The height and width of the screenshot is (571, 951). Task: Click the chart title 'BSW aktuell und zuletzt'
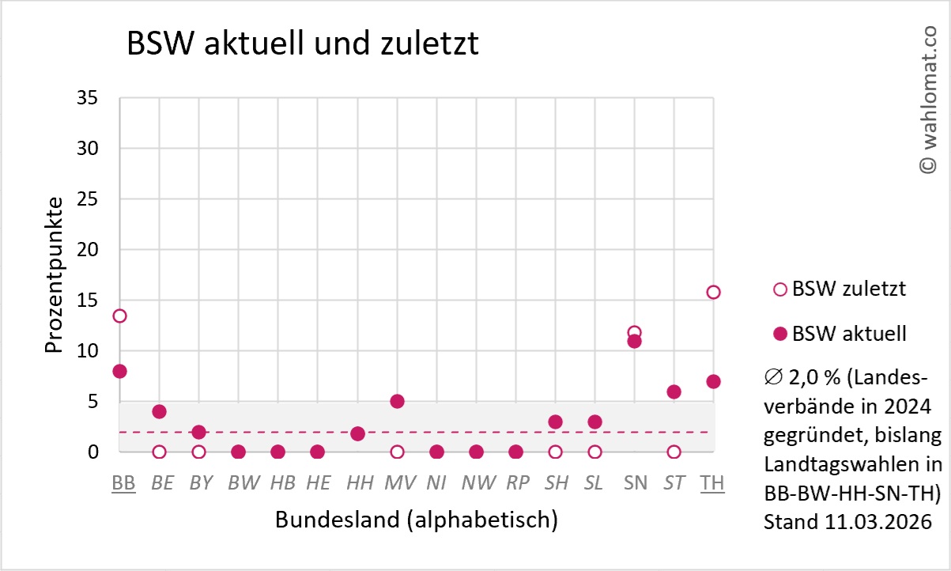click(303, 44)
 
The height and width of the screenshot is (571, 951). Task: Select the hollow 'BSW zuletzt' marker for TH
click(713, 292)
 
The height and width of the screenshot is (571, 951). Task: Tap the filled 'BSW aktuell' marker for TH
click(713, 381)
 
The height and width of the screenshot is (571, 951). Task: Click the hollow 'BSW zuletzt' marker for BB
click(119, 316)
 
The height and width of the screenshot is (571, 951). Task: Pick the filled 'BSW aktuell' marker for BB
click(119, 371)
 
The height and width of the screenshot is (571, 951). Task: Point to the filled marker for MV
click(397, 401)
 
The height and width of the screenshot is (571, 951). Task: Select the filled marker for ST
click(674, 391)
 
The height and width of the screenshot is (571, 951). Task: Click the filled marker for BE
click(159, 411)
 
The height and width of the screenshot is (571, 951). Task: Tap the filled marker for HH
click(357, 433)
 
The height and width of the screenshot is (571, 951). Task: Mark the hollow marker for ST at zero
click(674, 452)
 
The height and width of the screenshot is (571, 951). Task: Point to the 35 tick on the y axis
click(87, 98)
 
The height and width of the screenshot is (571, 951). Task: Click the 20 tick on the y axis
click(87, 250)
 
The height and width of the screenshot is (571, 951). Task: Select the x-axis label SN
click(635, 482)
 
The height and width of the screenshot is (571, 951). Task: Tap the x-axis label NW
click(476, 482)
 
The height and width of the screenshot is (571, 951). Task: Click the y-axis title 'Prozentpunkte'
click(53, 274)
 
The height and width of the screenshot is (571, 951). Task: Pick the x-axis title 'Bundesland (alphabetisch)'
click(417, 520)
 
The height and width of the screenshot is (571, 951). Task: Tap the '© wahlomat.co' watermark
click(926, 99)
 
